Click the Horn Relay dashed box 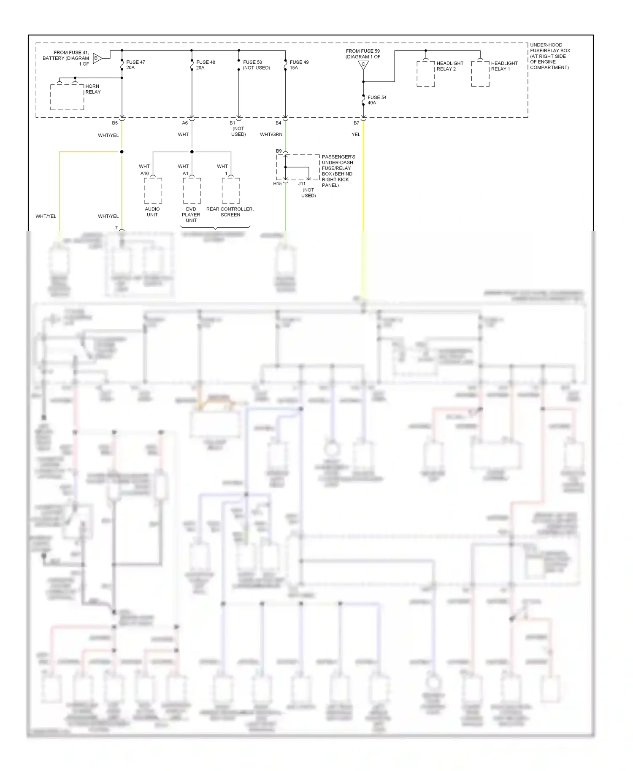click(x=67, y=97)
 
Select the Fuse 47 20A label click(x=135, y=65)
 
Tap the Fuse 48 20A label click(x=206, y=65)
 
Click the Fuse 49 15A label click(x=299, y=65)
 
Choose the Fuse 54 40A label click(x=376, y=100)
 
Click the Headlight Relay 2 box click(x=426, y=74)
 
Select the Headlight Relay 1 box click(x=480, y=74)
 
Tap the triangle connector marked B click(x=97, y=58)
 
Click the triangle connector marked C click(x=363, y=65)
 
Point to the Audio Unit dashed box click(x=153, y=191)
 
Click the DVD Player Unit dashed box click(x=192, y=191)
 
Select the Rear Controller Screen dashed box click(x=231, y=191)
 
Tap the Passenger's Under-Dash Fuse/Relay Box click(x=298, y=167)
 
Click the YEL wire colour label click(x=356, y=135)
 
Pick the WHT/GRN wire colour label click(x=271, y=135)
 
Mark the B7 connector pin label click(x=356, y=123)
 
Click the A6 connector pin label click(x=185, y=123)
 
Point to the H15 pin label click(x=277, y=184)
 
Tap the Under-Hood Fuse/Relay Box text click(x=549, y=56)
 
